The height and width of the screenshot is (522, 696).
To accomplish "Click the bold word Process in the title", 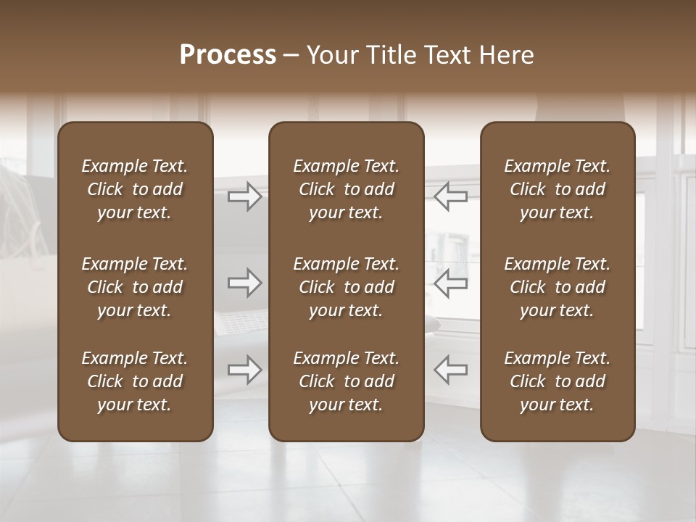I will point(228,55).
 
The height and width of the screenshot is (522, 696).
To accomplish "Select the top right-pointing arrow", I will point(244,196).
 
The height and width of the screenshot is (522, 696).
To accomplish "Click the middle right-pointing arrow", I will point(244,283).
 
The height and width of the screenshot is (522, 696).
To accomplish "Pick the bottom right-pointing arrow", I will point(244,370).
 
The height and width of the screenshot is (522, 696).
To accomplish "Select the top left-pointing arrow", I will point(450,196).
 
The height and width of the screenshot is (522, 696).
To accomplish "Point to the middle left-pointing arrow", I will point(450,283).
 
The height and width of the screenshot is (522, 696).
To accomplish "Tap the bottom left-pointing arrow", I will point(450,370).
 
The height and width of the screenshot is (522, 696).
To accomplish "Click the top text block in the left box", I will point(135,189).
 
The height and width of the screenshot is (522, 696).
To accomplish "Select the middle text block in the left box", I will point(135,287).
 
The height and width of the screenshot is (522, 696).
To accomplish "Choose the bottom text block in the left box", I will point(135,381).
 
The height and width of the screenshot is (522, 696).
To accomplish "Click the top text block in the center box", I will point(346,189).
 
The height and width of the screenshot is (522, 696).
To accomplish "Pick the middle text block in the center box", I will point(346,287).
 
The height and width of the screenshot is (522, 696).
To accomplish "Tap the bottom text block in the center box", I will point(346,381).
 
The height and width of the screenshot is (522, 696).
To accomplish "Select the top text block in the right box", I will point(557,189).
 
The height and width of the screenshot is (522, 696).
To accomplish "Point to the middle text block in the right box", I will point(557,287).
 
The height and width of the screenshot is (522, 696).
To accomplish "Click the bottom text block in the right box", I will point(557,381).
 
